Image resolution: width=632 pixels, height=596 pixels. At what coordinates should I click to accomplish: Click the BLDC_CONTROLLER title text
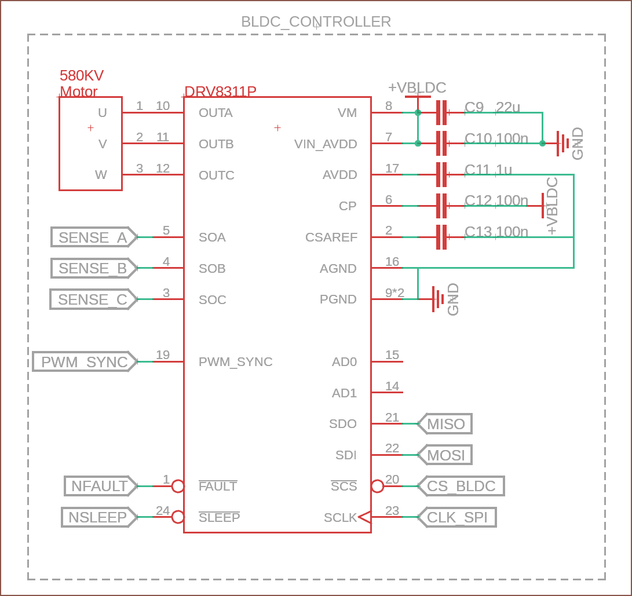[316, 22]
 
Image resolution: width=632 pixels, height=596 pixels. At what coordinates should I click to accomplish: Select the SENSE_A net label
[94, 237]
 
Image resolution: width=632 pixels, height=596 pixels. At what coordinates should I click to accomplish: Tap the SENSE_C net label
[93, 299]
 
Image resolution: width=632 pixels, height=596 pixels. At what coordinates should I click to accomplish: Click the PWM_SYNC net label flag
[85, 361]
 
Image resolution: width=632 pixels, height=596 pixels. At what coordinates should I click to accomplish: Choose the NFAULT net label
[101, 486]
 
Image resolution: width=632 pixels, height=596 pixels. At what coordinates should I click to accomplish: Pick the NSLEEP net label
[100, 517]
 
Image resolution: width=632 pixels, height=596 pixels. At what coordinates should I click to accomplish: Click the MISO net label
[444, 423]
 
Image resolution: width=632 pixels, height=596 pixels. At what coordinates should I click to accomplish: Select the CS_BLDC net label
[461, 486]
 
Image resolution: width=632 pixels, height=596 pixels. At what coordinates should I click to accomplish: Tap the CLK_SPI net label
[456, 517]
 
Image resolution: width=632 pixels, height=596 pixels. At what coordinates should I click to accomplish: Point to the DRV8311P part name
[220, 91]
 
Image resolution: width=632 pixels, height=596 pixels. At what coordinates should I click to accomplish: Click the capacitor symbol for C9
[442, 112]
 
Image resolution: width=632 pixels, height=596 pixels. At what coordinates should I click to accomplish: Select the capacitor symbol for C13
[442, 237]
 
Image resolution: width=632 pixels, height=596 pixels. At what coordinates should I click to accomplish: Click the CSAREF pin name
[331, 237]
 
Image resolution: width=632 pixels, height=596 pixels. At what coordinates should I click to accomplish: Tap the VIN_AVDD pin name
[326, 144]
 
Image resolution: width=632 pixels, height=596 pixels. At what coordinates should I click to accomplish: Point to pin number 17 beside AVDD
[392, 168]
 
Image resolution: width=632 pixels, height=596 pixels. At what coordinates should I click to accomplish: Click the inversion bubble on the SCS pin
[377, 486]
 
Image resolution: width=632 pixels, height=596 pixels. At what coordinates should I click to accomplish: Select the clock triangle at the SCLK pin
[364, 517]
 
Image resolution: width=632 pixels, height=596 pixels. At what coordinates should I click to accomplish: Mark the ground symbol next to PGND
[438, 299]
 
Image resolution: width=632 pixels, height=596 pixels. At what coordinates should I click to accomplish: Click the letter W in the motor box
[101, 174]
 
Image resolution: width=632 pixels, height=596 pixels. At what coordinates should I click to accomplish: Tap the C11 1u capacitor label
[488, 169]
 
